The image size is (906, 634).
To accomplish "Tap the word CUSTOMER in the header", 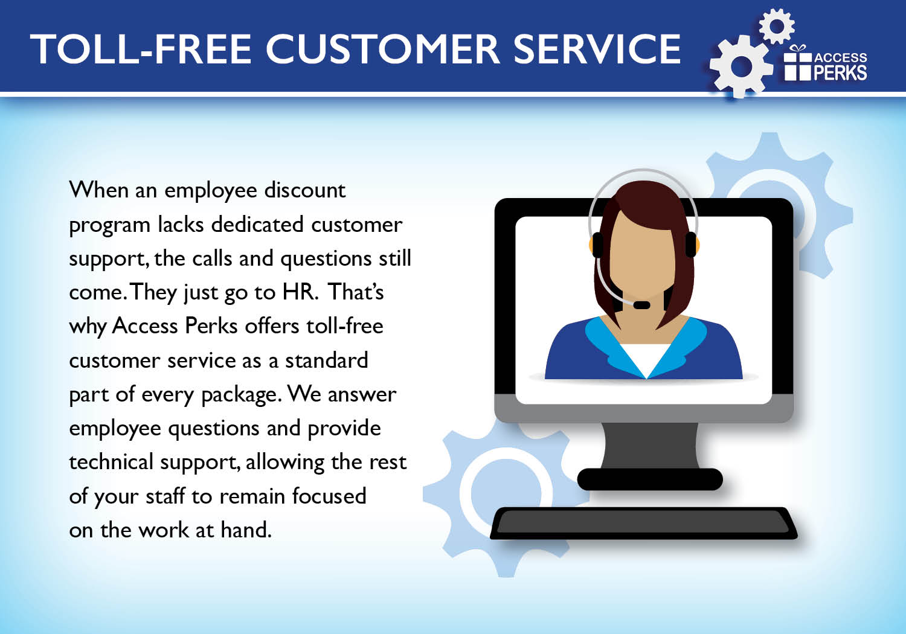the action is [383, 50].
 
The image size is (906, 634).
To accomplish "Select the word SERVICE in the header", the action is [597, 50].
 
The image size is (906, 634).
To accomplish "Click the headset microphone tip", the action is [641, 305].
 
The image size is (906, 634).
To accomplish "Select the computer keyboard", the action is [643, 524].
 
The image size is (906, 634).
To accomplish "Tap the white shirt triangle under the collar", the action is [646, 359].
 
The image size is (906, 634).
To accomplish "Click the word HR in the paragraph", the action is [298, 292].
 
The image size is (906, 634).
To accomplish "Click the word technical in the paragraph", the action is [111, 462].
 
